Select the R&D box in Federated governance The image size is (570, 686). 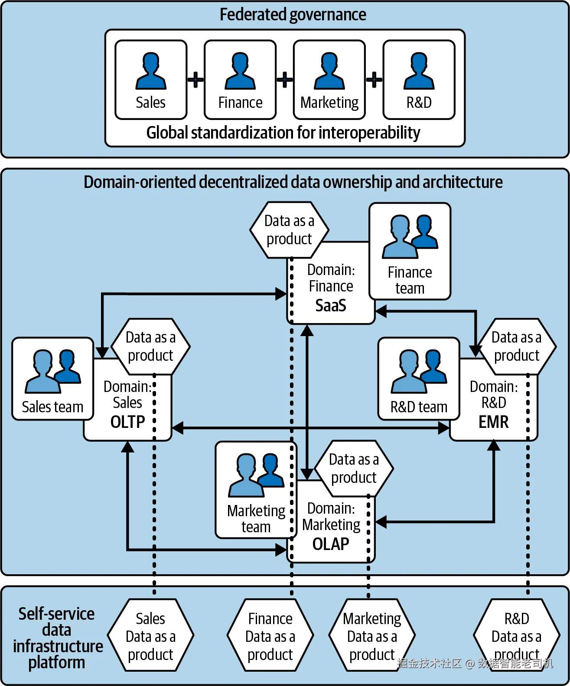[x=419, y=80]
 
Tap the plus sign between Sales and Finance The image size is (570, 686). [x=195, y=80]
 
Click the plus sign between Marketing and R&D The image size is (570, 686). [x=374, y=80]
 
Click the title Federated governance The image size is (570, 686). [x=293, y=15]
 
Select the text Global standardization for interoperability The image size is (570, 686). [x=283, y=133]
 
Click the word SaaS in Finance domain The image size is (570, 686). [x=331, y=306]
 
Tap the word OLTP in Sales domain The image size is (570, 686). [x=127, y=422]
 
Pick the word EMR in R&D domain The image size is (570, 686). [x=493, y=422]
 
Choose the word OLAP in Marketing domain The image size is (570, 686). [x=331, y=544]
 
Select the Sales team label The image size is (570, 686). [x=52, y=407]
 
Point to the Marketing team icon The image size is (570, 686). [x=256, y=475]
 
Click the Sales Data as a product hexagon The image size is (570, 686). [x=150, y=636]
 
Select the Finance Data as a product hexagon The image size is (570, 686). [x=270, y=636]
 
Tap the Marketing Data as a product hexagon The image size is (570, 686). [x=372, y=636]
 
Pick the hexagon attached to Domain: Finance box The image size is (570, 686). [x=289, y=230]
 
